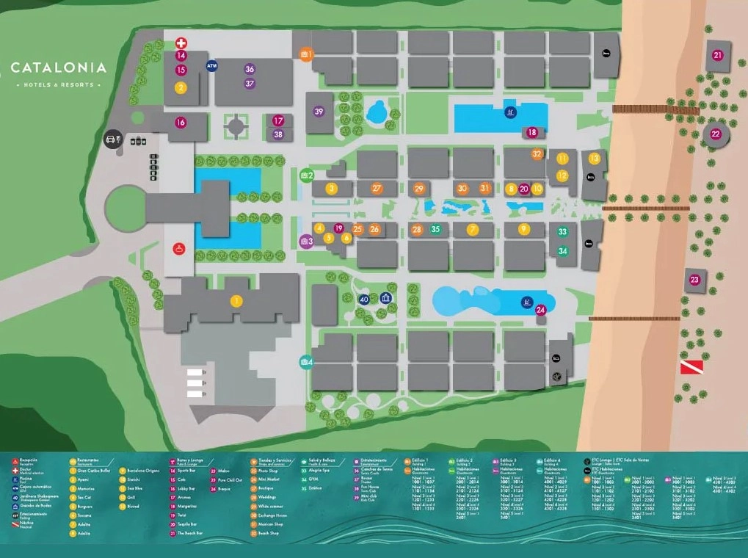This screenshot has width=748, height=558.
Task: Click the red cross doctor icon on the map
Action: pos(181,43)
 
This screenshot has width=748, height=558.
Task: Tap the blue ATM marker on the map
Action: pos(212,66)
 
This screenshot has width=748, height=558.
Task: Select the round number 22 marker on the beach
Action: pos(716,134)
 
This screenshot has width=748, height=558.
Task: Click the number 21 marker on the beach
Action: pos(717,55)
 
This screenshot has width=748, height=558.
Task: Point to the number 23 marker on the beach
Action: pos(694,280)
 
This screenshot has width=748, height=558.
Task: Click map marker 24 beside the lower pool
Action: pos(541,310)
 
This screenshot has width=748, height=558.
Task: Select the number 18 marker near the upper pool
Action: pos(532,132)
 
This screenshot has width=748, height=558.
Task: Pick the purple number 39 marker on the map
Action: pos(319,112)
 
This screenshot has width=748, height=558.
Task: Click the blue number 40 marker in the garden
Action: pos(364,299)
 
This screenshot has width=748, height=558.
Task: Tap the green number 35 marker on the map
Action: pos(435,229)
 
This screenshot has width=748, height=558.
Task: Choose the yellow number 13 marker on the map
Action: pos(594,158)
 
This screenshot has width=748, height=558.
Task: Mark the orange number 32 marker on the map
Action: pos(537,154)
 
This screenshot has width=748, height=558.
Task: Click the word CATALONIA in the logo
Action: pos(59,68)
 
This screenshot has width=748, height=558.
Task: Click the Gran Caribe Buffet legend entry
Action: pos(92,470)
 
